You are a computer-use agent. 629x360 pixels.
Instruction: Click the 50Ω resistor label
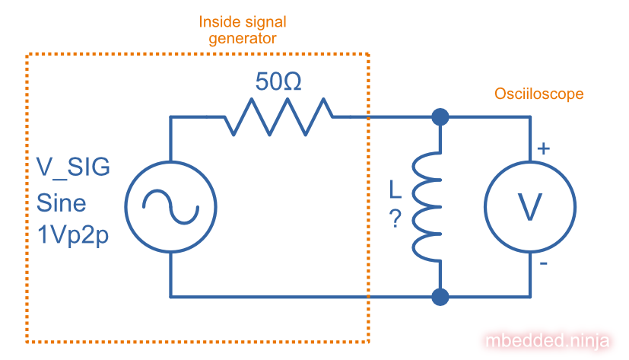pos(278,82)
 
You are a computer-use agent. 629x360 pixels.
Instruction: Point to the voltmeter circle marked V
pos(530,205)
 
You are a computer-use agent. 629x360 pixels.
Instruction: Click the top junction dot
pos(440,116)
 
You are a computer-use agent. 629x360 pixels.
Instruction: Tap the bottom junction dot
pos(440,296)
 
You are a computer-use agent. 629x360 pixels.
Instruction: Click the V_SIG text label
pos(73,167)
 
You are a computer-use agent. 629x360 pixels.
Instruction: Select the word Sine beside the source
pos(62,203)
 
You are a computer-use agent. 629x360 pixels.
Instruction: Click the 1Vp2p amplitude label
pos(73,237)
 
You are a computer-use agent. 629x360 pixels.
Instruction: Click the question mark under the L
pos(395,219)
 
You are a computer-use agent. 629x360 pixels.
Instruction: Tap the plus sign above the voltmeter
pos(543,149)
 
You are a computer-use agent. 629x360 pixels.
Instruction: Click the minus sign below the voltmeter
pos(542,263)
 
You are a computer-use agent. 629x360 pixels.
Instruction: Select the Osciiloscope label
pos(539,94)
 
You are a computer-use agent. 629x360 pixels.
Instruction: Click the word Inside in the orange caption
pos(219,22)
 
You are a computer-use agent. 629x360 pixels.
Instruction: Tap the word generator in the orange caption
pos(243,37)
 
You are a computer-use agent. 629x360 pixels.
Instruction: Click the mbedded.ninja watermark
pos(548,339)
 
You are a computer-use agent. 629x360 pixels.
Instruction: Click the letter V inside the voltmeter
pos(530,206)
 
